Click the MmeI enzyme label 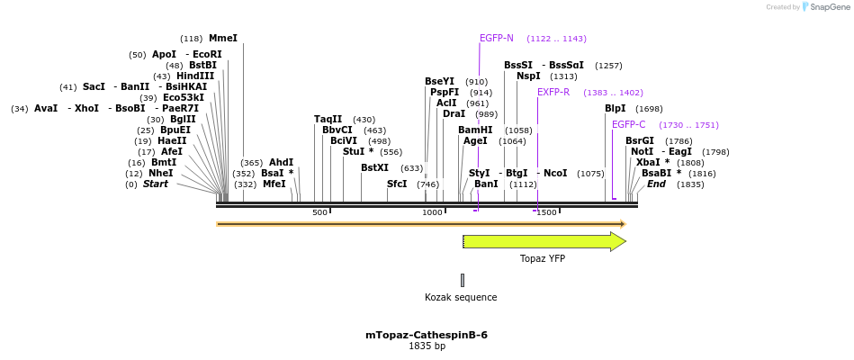(x=222, y=39)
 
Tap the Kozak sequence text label (x=461, y=297)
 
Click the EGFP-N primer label (x=497, y=39)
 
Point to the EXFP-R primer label (x=553, y=92)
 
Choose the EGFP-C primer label (x=629, y=125)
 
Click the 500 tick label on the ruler (x=319, y=212)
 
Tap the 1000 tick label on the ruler (x=432, y=212)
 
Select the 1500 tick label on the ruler (x=546, y=212)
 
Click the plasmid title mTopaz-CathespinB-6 (x=427, y=335)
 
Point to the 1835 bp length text (x=427, y=346)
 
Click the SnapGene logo (x=825, y=7)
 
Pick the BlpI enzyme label (x=615, y=109)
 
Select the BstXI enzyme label (x=374, y=167)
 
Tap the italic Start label (x=156, y=184)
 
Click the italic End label (x=656, y=184)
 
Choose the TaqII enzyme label (x=328, y=119)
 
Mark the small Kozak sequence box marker (x=463, y=280)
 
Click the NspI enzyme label (x=528, y=76)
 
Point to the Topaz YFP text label (x=543, y=259)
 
